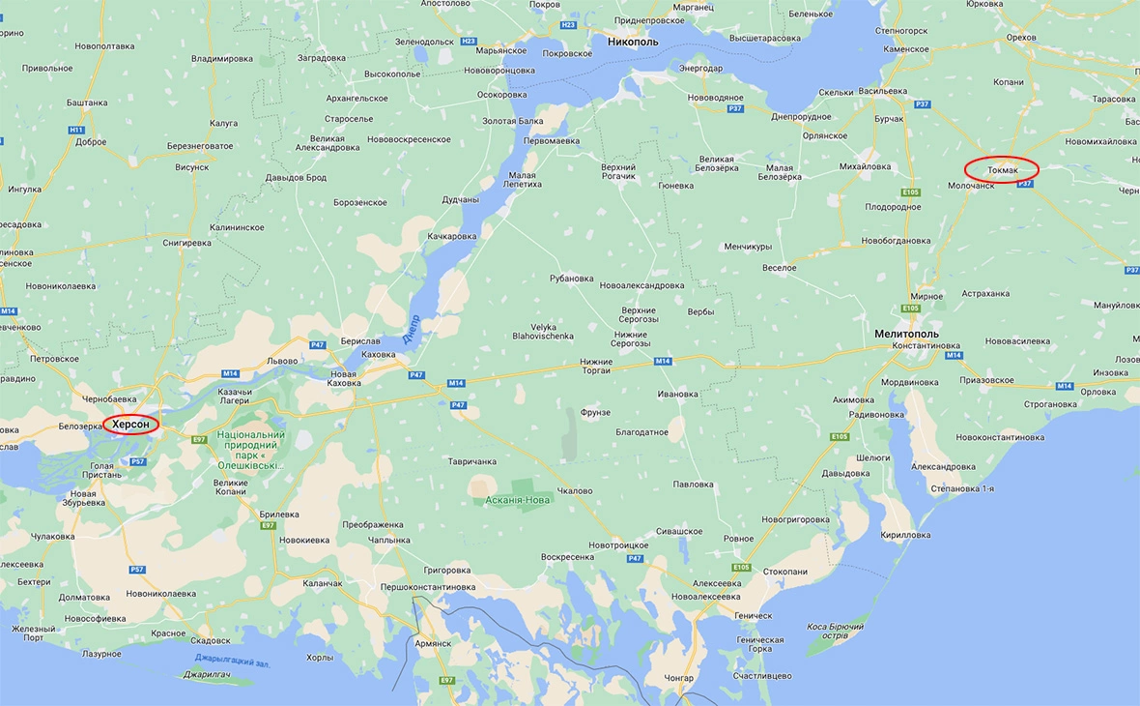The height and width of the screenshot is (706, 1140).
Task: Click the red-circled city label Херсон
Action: coord(130,425)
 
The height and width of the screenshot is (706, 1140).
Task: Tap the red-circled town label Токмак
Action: coord(1003,170)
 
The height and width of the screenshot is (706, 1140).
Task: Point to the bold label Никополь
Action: coord(633,43)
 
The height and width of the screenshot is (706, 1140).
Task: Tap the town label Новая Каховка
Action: coord(343,378)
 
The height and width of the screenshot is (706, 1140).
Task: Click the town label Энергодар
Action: coord(700,68)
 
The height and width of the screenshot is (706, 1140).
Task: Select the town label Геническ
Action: coord(754,615)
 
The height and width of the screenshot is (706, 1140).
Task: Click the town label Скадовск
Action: coord(211,640)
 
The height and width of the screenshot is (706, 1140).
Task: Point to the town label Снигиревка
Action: coord(187,243)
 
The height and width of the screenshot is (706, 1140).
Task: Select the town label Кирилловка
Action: coord(906,535)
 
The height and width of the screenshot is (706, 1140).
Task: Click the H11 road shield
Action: coord(76,130)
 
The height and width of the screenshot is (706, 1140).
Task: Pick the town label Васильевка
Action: coord(882,91)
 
